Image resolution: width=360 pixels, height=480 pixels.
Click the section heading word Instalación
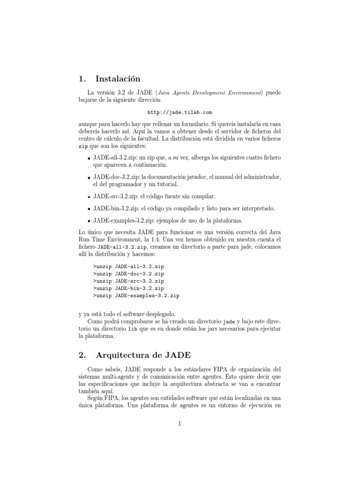click(117, 79)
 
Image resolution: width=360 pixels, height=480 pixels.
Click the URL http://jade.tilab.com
click(180, 112)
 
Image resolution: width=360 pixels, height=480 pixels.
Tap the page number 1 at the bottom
click(180, 424)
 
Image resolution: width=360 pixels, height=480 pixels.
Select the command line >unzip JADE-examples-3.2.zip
click(136, 296)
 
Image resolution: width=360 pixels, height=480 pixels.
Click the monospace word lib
click(133, 330)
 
